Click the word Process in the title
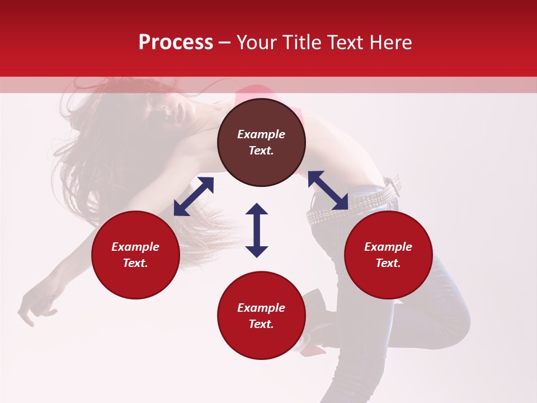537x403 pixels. pyautogui.click(x=176, y=43)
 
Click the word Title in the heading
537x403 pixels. pyautogui.click(x=303, y=43)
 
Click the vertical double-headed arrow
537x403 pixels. pyautogui.click(x=257, y=230)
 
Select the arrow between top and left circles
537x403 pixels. pyautogui.click(x=194, y=196)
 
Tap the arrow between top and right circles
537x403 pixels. pyautogui.click(x=328, y=191)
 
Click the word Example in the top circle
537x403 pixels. pyautogui.click(x=261, y=134)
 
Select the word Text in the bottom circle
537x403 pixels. pyautogui.click(x=260, y=324)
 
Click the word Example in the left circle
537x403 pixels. pyautogui.click(x=135, y=247)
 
